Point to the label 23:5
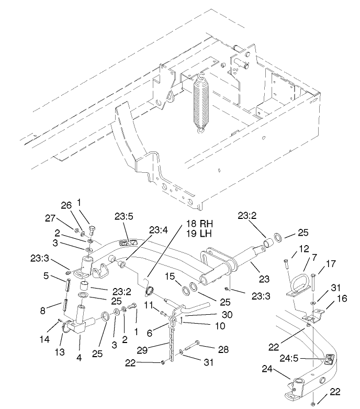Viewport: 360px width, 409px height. (125, 216)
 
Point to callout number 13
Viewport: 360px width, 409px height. (60, 351)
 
